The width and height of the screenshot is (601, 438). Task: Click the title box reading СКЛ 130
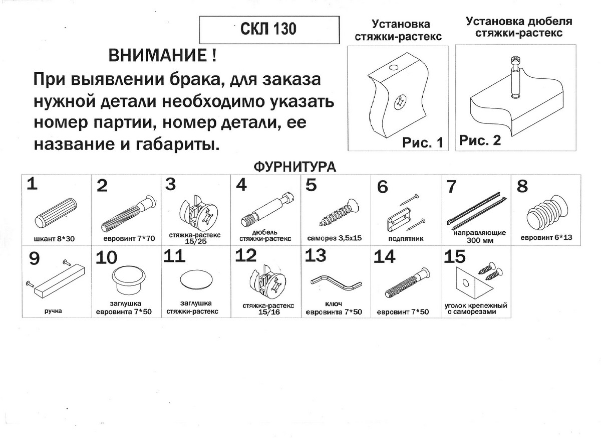pyautogui.click(x=271, y=30)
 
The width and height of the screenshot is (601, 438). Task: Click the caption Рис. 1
pyautogui.click(x=423, y=142)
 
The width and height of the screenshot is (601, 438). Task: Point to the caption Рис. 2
pyautogui.click(x=480, y=140)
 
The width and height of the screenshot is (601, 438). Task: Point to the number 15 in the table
pyautogui.click(x=455, y=257)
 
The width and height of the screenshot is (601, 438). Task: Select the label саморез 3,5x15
pyautogui.click(x=336, y=238)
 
